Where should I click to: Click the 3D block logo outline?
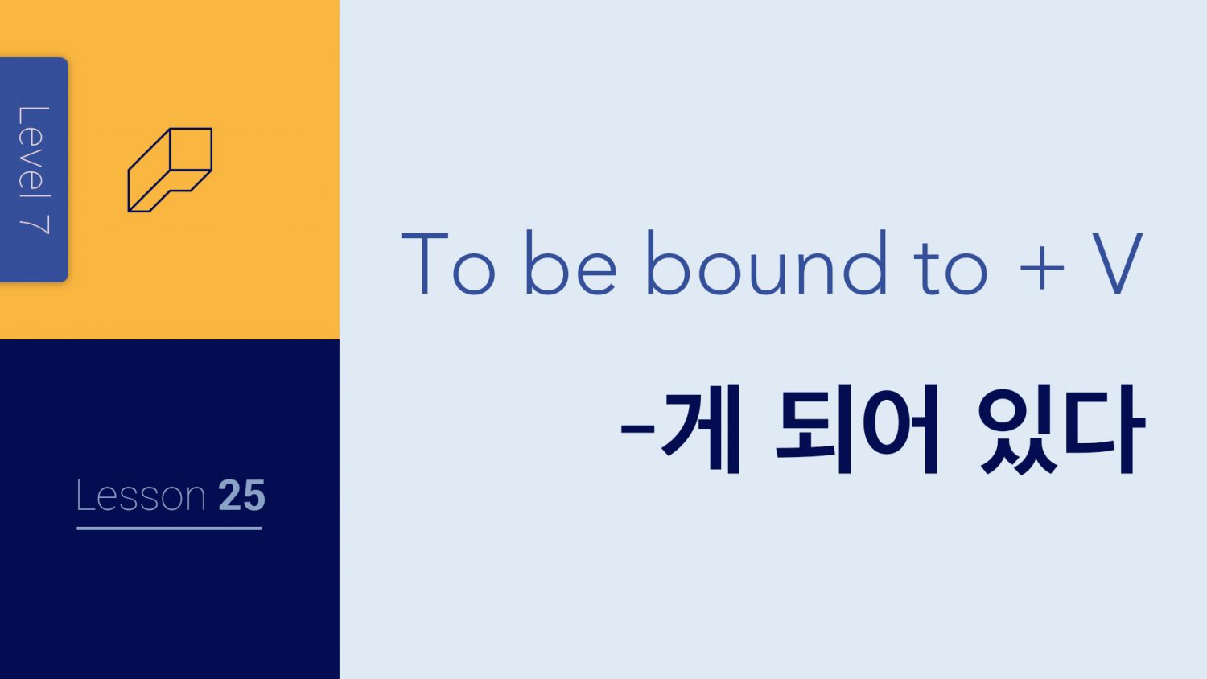point(170,170)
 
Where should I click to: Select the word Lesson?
point(141,496)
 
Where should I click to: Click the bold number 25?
point(242,496)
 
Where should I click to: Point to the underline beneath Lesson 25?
point(169,528)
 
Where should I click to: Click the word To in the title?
point(448,263)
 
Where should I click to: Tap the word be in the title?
point(571,262)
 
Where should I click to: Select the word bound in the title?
point(766,262)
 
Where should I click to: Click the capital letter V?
point(1117,263)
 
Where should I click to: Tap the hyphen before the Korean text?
point(637,429)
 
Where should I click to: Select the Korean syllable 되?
point(814,429)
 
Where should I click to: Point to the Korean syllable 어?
point(901,429)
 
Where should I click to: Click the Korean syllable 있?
point(1018,430)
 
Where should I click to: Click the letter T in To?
point(425,264)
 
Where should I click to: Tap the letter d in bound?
point(865,262)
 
